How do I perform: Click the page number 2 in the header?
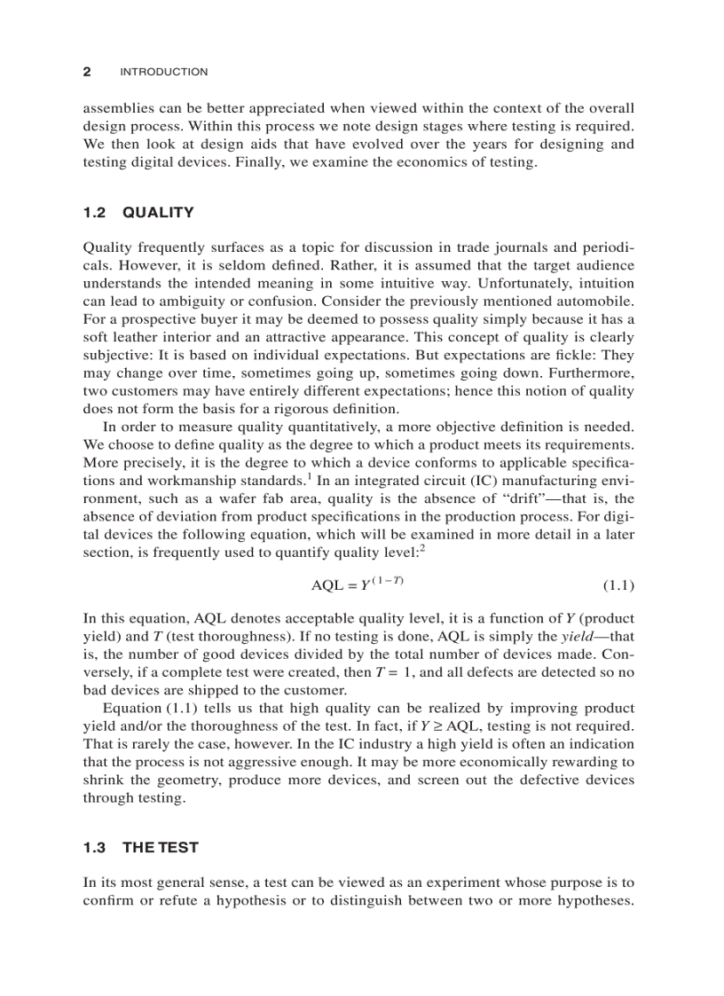point(87,72)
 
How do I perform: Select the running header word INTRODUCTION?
point(163,72)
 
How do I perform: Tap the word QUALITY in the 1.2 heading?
point(158,212)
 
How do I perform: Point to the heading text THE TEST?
point(161,847)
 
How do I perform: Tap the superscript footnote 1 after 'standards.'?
point(309,475)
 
